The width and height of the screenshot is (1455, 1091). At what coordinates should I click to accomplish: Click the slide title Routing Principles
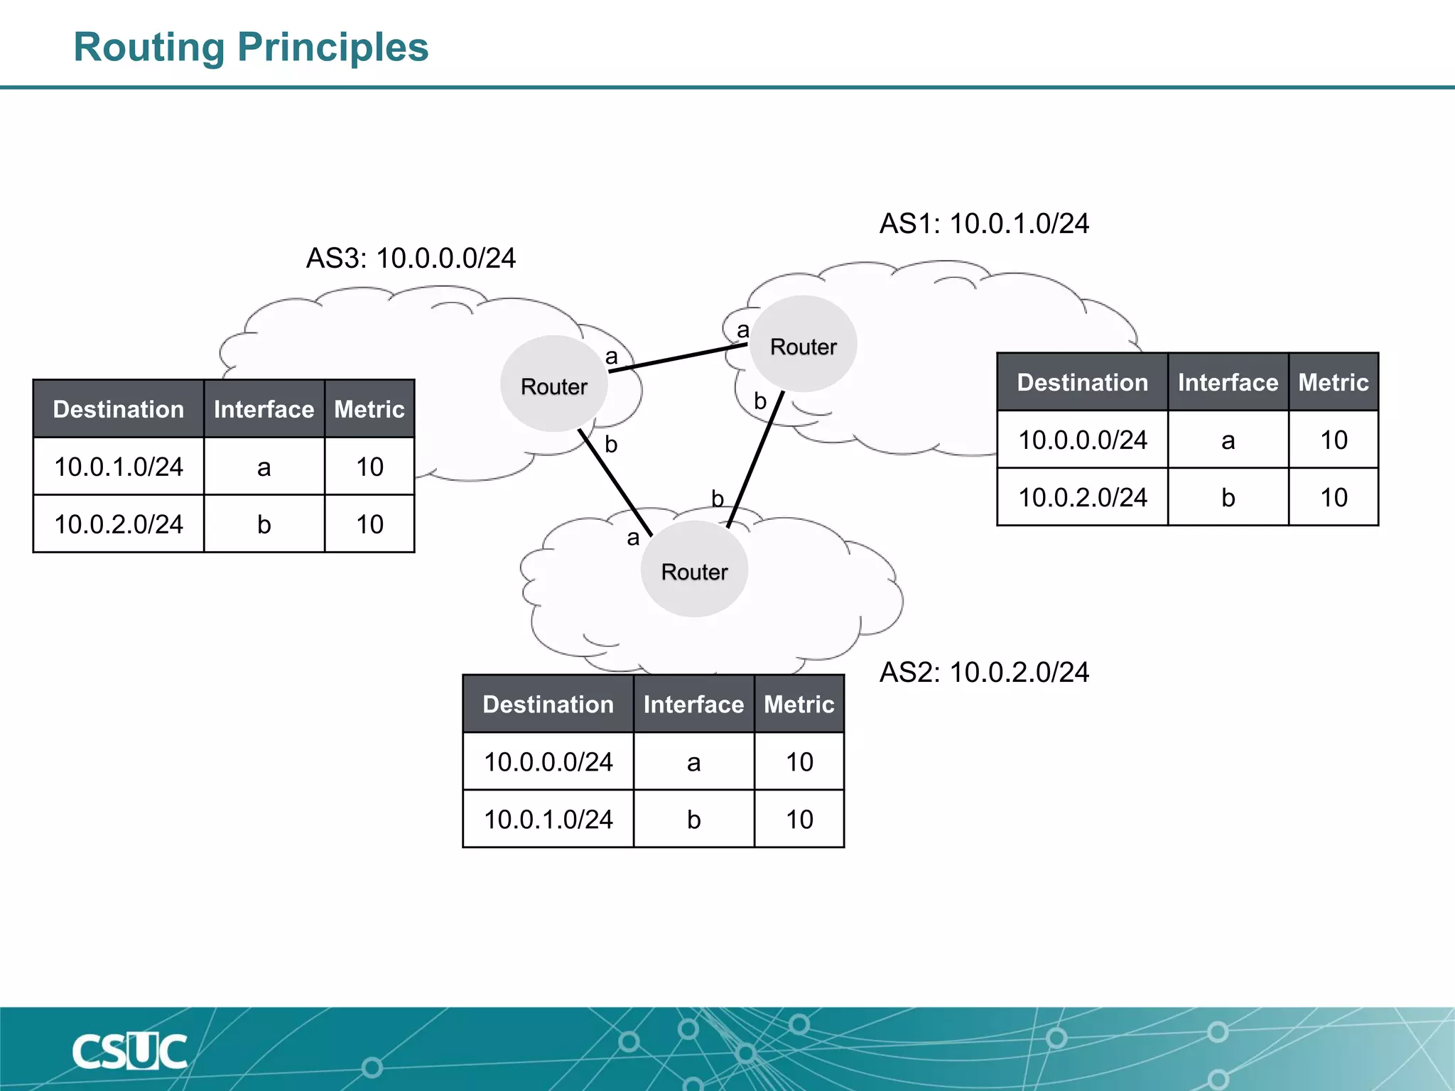pos(251,48)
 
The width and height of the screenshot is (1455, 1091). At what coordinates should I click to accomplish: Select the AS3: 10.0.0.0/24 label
pos(411,258)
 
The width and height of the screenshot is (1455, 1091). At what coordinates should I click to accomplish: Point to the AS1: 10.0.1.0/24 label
pos(984,224)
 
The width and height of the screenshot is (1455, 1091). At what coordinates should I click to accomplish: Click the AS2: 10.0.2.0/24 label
pos(984,673)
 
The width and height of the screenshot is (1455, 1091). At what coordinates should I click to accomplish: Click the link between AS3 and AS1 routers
pos(678,357)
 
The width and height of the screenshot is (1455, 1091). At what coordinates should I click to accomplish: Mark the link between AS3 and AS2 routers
pos(615,483)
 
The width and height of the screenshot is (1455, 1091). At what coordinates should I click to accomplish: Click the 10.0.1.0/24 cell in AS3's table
pos(119,467)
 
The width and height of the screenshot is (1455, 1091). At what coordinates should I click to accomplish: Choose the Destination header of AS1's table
pos(1082,382)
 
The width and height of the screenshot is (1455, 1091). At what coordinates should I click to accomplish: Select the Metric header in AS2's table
pos(799,704)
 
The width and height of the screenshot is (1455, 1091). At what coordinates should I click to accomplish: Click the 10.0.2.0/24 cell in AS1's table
pos(1082,497)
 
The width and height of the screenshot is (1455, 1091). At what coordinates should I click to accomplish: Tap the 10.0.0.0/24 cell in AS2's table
pos(548,761)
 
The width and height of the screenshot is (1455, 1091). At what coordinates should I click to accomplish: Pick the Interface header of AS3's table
pos(264,409)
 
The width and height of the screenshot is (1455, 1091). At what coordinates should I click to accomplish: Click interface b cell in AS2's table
pos(693,819)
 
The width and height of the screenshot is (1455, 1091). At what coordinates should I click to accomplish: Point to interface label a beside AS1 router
pos(743,330)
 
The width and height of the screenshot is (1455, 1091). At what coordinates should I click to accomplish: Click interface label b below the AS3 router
pos(611,445)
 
